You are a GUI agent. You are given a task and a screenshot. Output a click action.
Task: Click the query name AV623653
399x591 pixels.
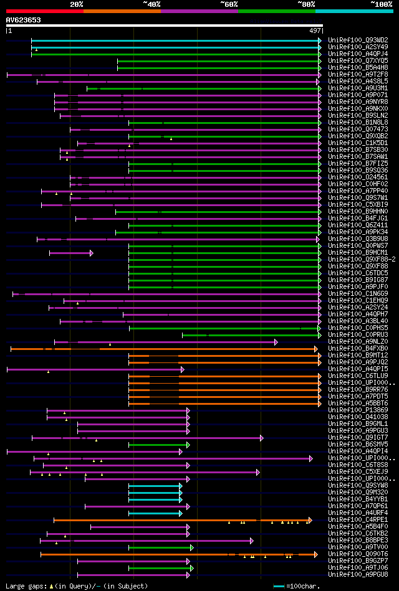[24, 20]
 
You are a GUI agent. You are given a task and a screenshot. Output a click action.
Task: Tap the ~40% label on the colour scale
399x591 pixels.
[151, 4]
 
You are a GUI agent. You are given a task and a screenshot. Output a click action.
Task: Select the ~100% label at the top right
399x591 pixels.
[382, 4]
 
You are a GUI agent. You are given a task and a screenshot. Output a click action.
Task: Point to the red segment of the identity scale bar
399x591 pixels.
[44, 11]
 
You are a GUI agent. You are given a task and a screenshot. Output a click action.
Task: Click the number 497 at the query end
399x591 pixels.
[315, 31]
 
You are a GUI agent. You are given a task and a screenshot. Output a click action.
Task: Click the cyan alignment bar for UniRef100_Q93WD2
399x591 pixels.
[175, 40]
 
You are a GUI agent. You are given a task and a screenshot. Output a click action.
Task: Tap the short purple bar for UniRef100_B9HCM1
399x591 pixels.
[70, 253]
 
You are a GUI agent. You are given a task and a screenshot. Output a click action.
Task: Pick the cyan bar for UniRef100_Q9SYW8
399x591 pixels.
[155, 486]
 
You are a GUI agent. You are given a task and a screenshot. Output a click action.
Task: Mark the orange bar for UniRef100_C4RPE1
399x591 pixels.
[181, 520]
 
